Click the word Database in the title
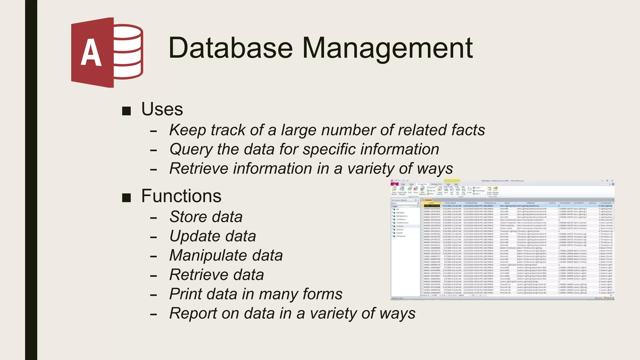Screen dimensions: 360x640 231,48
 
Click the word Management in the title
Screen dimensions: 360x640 387,48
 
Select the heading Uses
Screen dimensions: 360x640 162,109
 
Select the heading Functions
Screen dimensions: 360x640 181,196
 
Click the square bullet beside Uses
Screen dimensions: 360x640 126,111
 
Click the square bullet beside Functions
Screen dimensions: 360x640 126,197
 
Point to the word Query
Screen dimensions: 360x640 191,149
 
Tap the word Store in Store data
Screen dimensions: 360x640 188,217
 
